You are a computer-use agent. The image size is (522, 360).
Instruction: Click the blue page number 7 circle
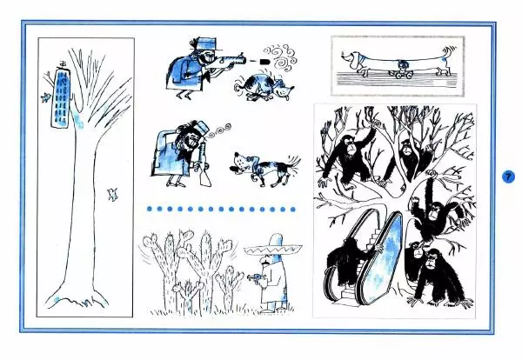508,177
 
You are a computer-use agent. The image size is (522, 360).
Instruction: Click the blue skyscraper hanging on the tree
62,98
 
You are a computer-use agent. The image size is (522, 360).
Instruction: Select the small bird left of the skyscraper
45,97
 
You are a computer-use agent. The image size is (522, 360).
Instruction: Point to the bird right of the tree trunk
112,194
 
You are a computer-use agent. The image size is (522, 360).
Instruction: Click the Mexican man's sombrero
273,248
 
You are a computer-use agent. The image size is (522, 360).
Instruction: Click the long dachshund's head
351,59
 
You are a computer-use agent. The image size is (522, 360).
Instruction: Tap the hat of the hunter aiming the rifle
204,44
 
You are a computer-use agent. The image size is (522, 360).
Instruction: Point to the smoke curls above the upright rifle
218,130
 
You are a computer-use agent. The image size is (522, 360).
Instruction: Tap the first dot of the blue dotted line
149,209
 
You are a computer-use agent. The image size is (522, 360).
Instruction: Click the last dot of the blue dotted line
292,210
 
